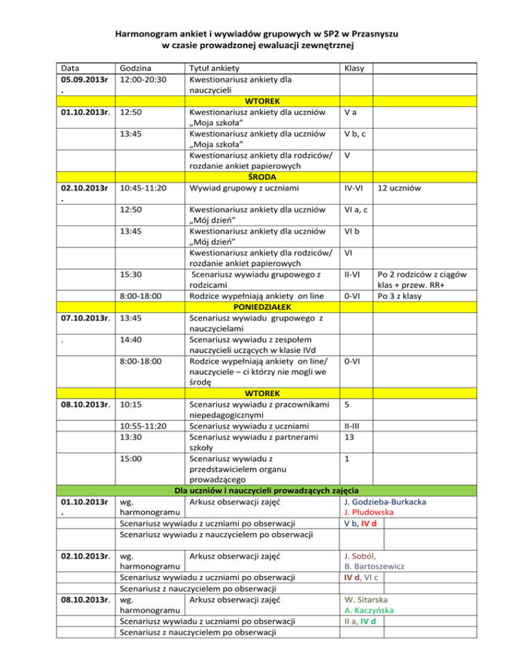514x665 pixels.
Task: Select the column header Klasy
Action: click(x=352, y=68)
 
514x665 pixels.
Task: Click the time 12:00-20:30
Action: click(x=142, y=80)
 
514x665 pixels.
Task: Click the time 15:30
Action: click(x=131, y=274)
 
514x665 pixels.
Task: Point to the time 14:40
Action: click(x=131, y=340)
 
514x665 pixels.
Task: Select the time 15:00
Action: click(x=131, y=458)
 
